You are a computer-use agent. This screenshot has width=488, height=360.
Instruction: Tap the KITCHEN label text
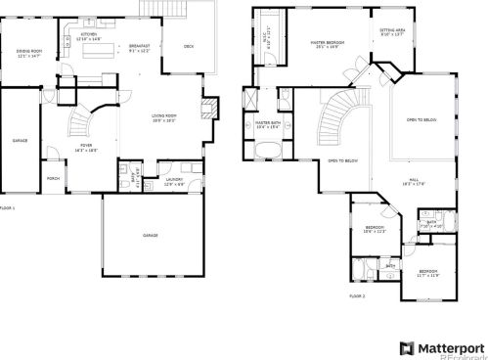[x=87, y=35]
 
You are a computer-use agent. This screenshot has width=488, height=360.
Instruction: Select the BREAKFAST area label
[x=139, y=46]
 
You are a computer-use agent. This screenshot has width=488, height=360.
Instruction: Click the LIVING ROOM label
[x=163, y=118]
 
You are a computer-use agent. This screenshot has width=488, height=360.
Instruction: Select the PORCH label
[x=53, y=178]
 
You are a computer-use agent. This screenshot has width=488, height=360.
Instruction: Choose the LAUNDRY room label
[x=175, y=179]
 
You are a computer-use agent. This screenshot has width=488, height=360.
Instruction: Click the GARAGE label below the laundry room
[x=151, y=236]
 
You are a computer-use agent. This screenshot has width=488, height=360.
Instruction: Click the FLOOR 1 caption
[x=8, y=209]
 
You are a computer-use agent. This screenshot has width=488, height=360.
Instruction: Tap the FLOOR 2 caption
[x=357, y=294]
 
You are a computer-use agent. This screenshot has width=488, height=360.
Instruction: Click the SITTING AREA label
[x=392, y=31]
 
